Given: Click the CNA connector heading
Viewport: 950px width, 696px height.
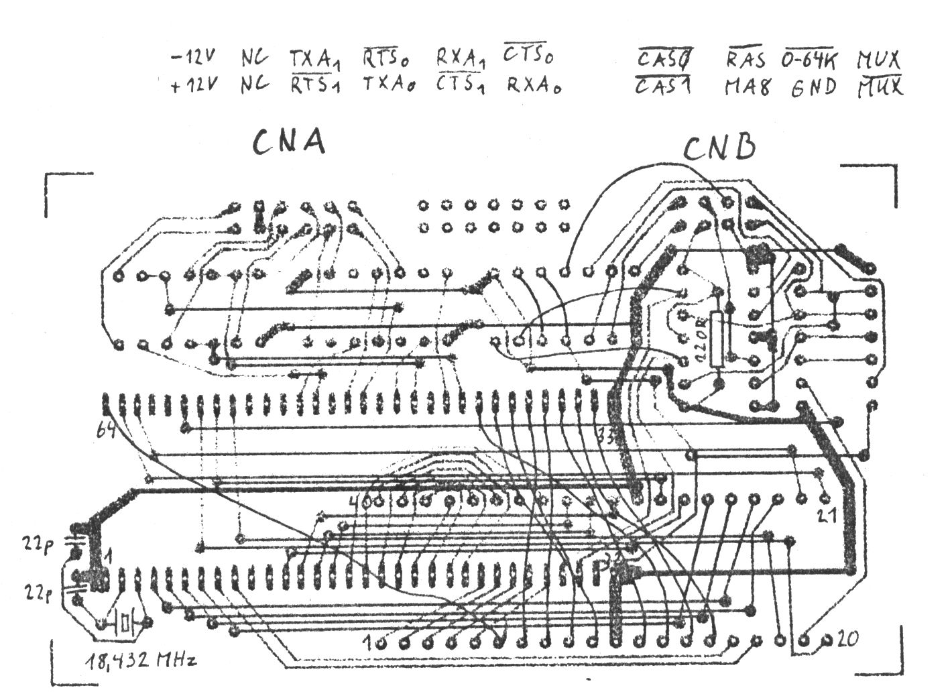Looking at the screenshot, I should (289, 142).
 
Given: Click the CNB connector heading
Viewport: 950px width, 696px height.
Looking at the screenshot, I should (720, 149).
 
